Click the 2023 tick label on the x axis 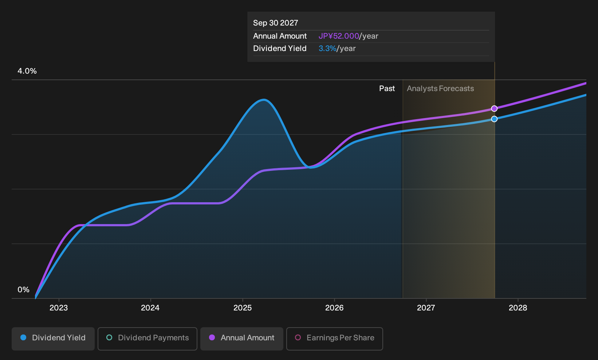pyautogui.click(x=59, y=308)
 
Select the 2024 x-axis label pyautogui.click(x=150, y=308)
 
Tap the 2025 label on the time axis pyautogui.click(x=243, y=308)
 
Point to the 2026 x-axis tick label pyautogui.click(x=334, y=308)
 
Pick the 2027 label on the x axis pyautogui.click(x=426, y=308)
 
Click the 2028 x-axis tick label pyautogui.click(x=518, y=308)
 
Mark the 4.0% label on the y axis pyautogui.click(x=27, y=71)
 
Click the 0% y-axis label pyautogui.click(x=24, y=290)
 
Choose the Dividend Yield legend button pyautogui.click(x=53, y=339)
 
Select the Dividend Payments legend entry pyautogui.click(x=147, y=339)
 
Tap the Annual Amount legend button pyautogui.click(x=241, y=339)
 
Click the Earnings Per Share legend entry pyautogui.click(x=334, y=339)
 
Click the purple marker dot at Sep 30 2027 pyautogui.click(x=494, y=109)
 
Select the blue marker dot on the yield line pyautogui.click(x=494, y=119)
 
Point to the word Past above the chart pyautogui.click(x=387, y=89)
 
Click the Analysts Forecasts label pyautogui.click(x=440, y=89)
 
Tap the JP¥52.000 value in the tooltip pyautogui.click(x=339, y=36)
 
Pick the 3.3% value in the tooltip pyautogui.click(x=327, y=48)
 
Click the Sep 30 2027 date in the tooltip pyautogui.click(x=275, y=23)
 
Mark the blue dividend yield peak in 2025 pyautogui.click(x=264, y=100)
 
